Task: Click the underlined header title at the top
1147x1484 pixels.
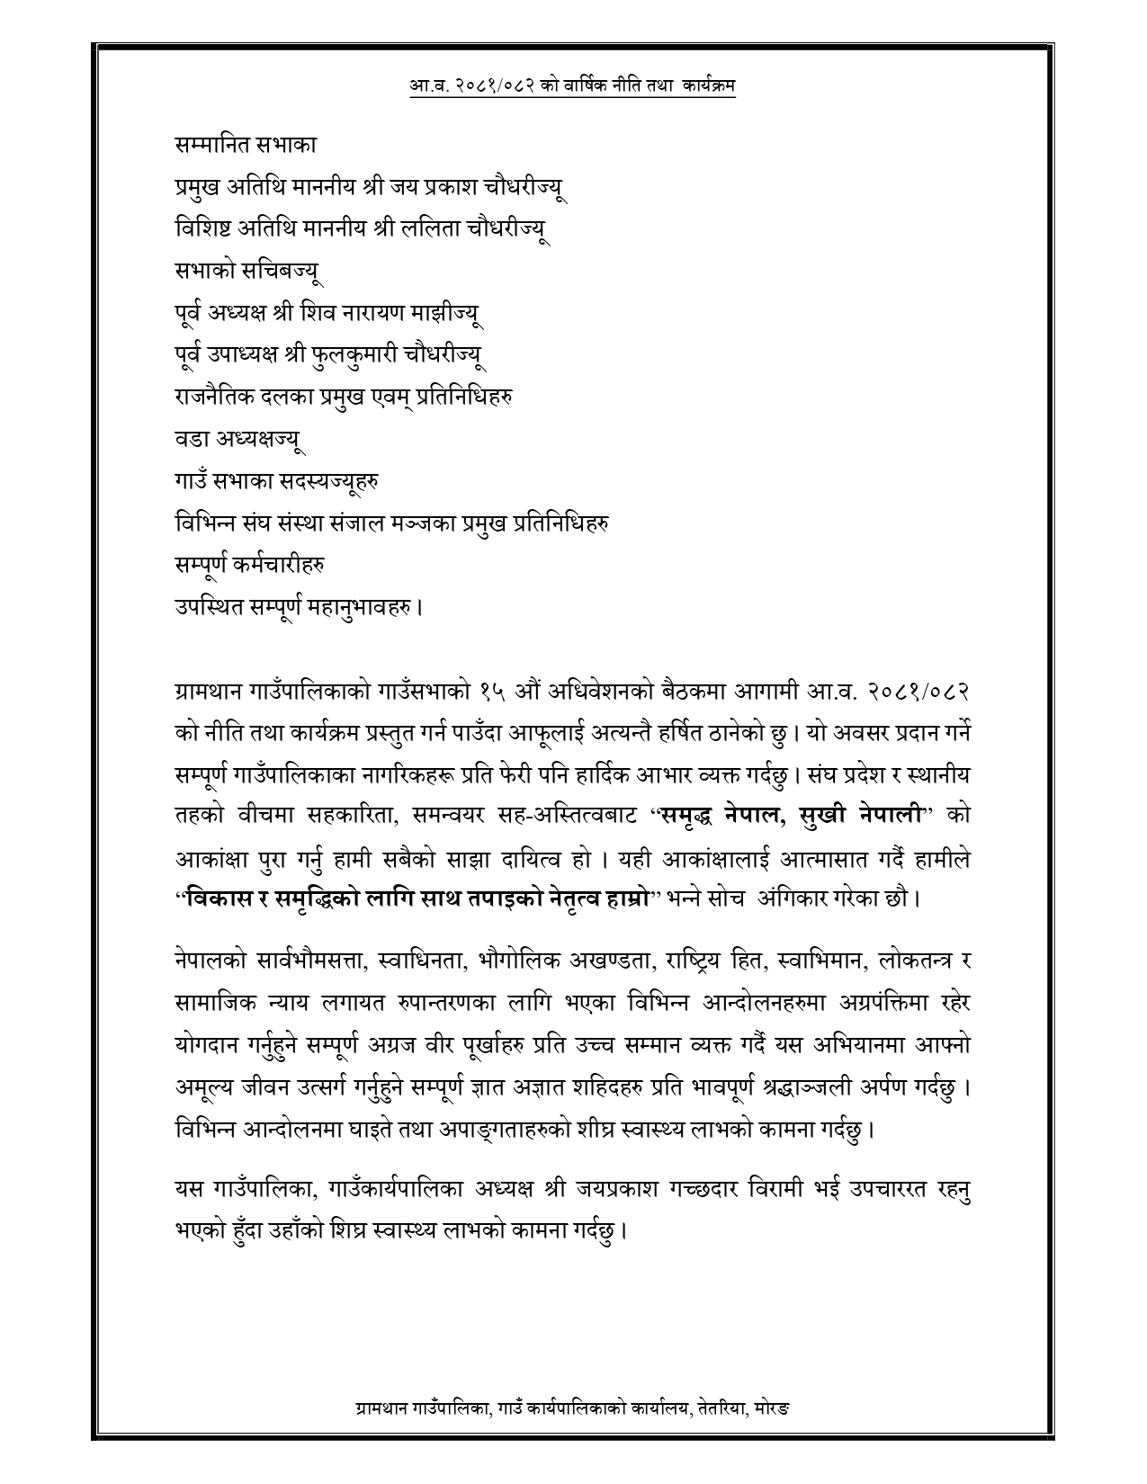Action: click(572, 85)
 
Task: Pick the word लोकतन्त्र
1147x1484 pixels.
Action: click(901, 961)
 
